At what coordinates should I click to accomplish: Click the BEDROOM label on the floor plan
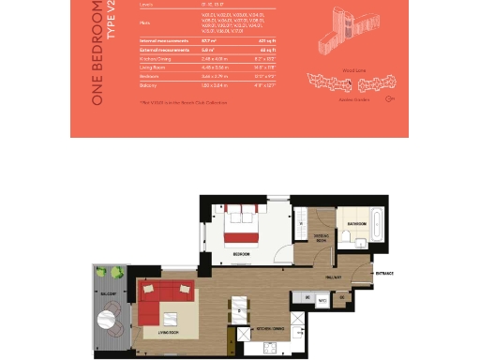(240, 254)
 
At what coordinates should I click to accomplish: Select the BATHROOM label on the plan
(356, 225)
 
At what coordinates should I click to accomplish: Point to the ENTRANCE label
(384, 274)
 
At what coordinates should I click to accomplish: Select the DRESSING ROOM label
(320, 238)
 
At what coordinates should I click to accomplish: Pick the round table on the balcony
(114, 326)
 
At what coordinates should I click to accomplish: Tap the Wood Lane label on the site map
(351, 67)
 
